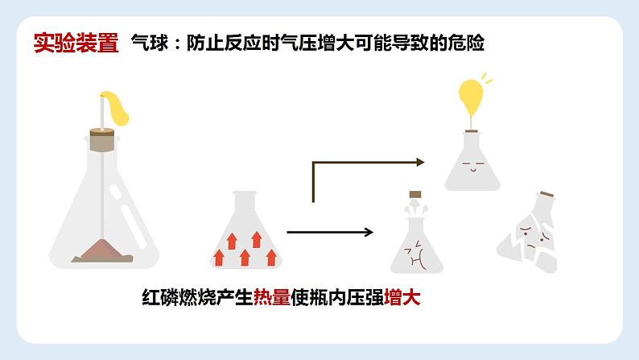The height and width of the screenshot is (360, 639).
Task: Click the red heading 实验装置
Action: [76, 42]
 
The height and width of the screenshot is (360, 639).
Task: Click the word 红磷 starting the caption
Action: [155, 297]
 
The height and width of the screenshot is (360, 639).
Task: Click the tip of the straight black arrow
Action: [372, 233]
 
